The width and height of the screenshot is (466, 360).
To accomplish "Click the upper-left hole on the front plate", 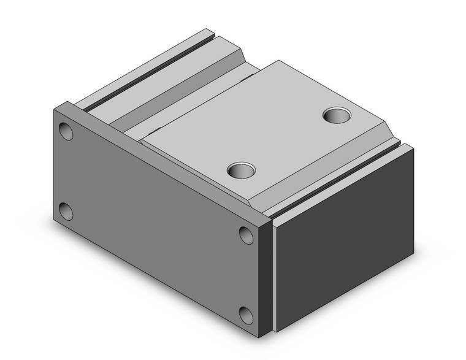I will [66, 131].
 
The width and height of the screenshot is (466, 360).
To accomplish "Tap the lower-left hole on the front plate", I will [66, 212].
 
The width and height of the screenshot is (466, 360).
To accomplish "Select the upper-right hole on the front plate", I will [246, 234].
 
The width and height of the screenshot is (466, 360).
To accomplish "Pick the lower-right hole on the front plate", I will [246, 315].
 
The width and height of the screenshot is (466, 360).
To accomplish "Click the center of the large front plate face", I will [156, 221].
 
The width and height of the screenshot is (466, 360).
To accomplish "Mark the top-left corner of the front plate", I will [55, 107].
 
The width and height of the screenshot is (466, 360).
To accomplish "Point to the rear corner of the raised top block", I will [280, 61].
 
